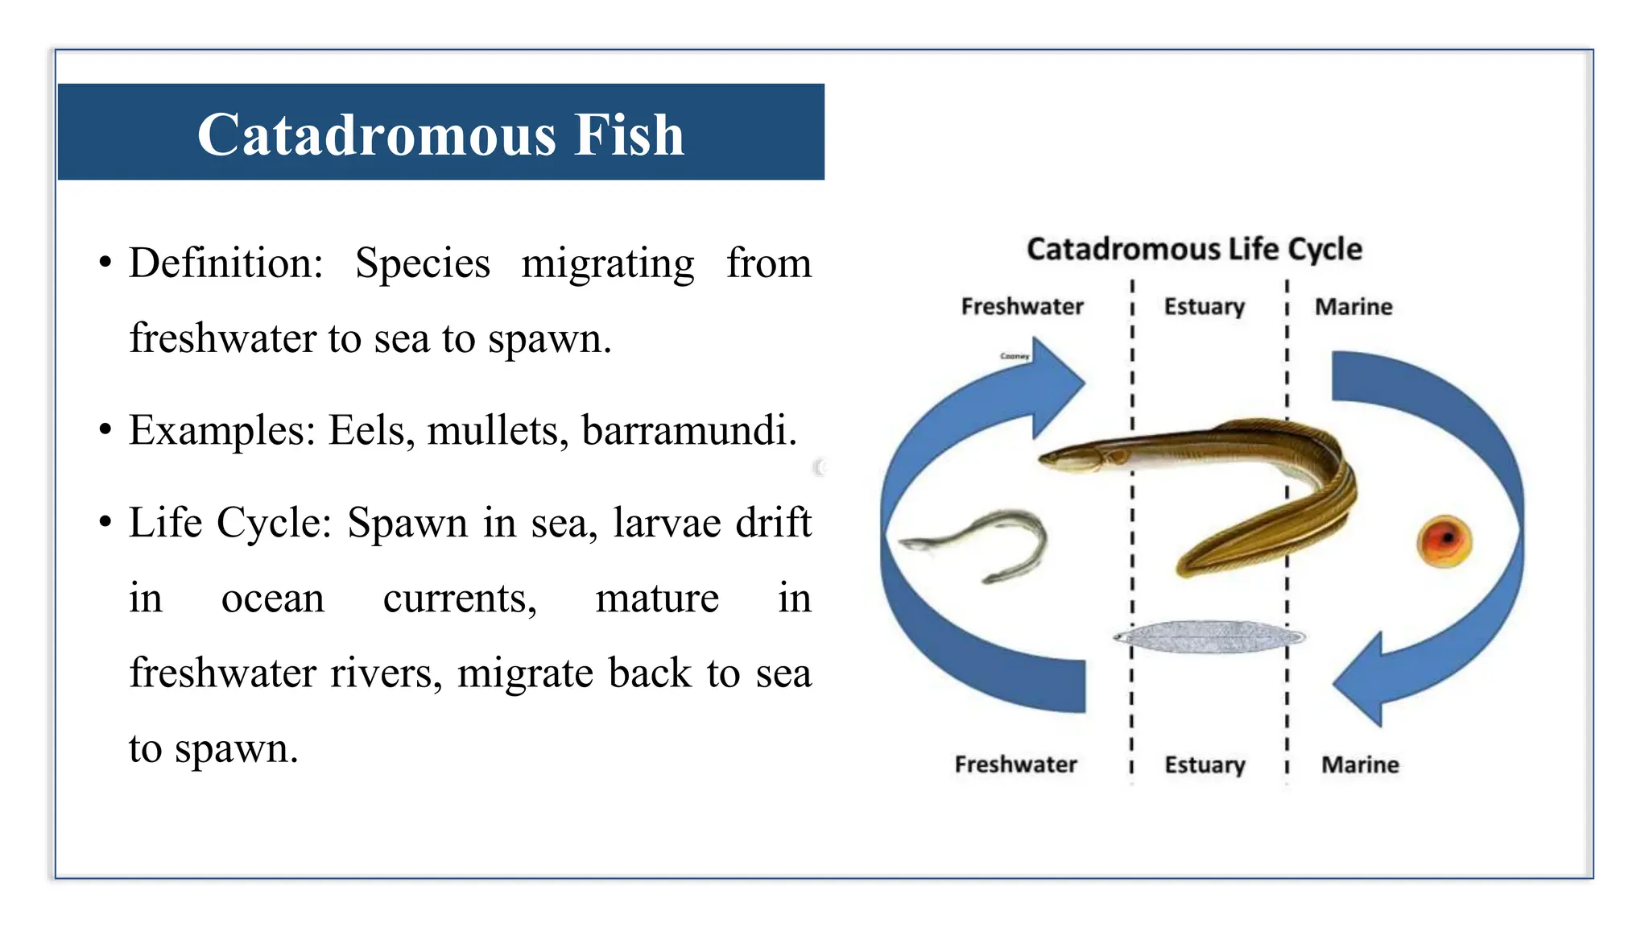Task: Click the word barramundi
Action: [x=688, y=430]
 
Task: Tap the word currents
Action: [x=459, y=599]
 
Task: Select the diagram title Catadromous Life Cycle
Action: [x=1194, y=249]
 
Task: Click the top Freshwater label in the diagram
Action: [x=1022, y=307]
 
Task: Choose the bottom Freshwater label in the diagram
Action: [x=1015, y=764]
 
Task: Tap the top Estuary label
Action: [x=1204, y=307]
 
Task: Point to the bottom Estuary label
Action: [x=1205, y=764]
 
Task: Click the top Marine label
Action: [x=1354, y=307]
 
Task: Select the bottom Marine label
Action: [x=1360, y=764]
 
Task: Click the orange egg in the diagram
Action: [x=1444, y=541]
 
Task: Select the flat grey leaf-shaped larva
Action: [x=1208, y=636]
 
